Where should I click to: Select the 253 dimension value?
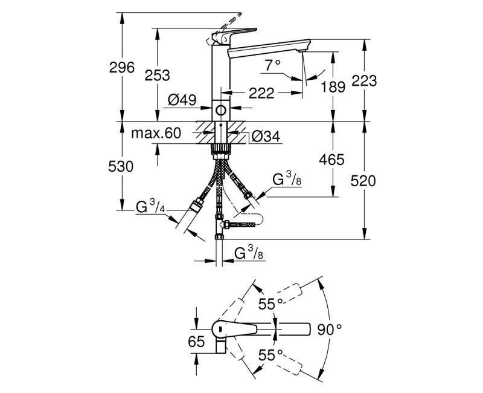tap(158, 75)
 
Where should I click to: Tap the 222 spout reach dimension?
tap(261, 93)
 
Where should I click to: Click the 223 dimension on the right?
tap(365, 80)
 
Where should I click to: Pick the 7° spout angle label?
tap(272, 63)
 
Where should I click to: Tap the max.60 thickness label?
tap(156, 134)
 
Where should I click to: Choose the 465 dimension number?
tap(332, 160)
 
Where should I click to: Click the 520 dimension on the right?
tap(365, 180)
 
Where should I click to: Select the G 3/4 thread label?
tap(151, 208)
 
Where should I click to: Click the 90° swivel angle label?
tap(329, 329)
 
